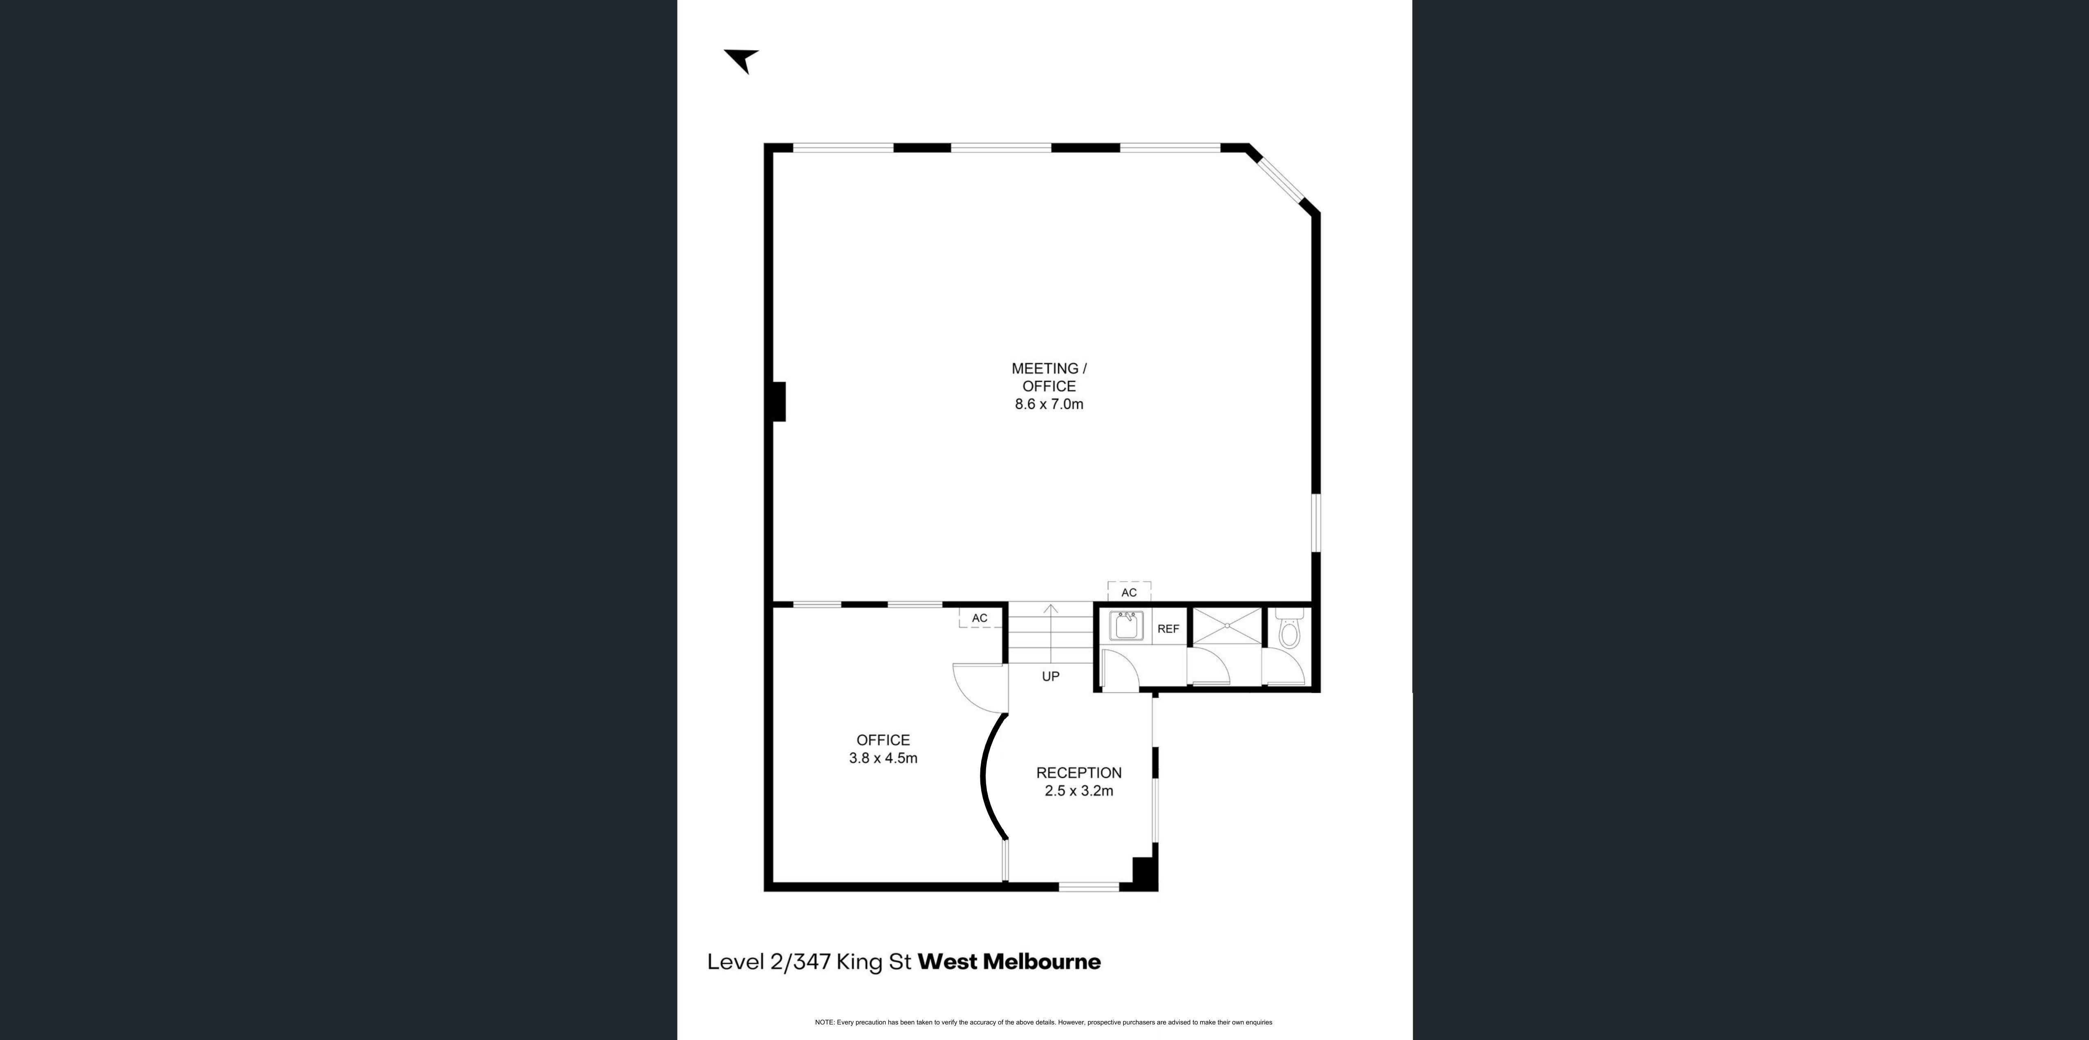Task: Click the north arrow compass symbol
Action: click(741, 60)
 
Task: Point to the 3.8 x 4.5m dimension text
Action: click(883, 758)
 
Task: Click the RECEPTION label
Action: click(1078, 773)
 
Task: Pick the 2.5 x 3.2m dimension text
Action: click(1078, 791)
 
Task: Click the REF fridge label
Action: click(1168, 629)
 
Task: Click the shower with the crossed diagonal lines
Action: click(1227, 625)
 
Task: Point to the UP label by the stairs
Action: click(1050, 677)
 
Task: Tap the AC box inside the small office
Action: click(980, 618)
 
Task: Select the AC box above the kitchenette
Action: click(1129, 592)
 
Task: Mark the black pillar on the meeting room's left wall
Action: click(778, 401)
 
